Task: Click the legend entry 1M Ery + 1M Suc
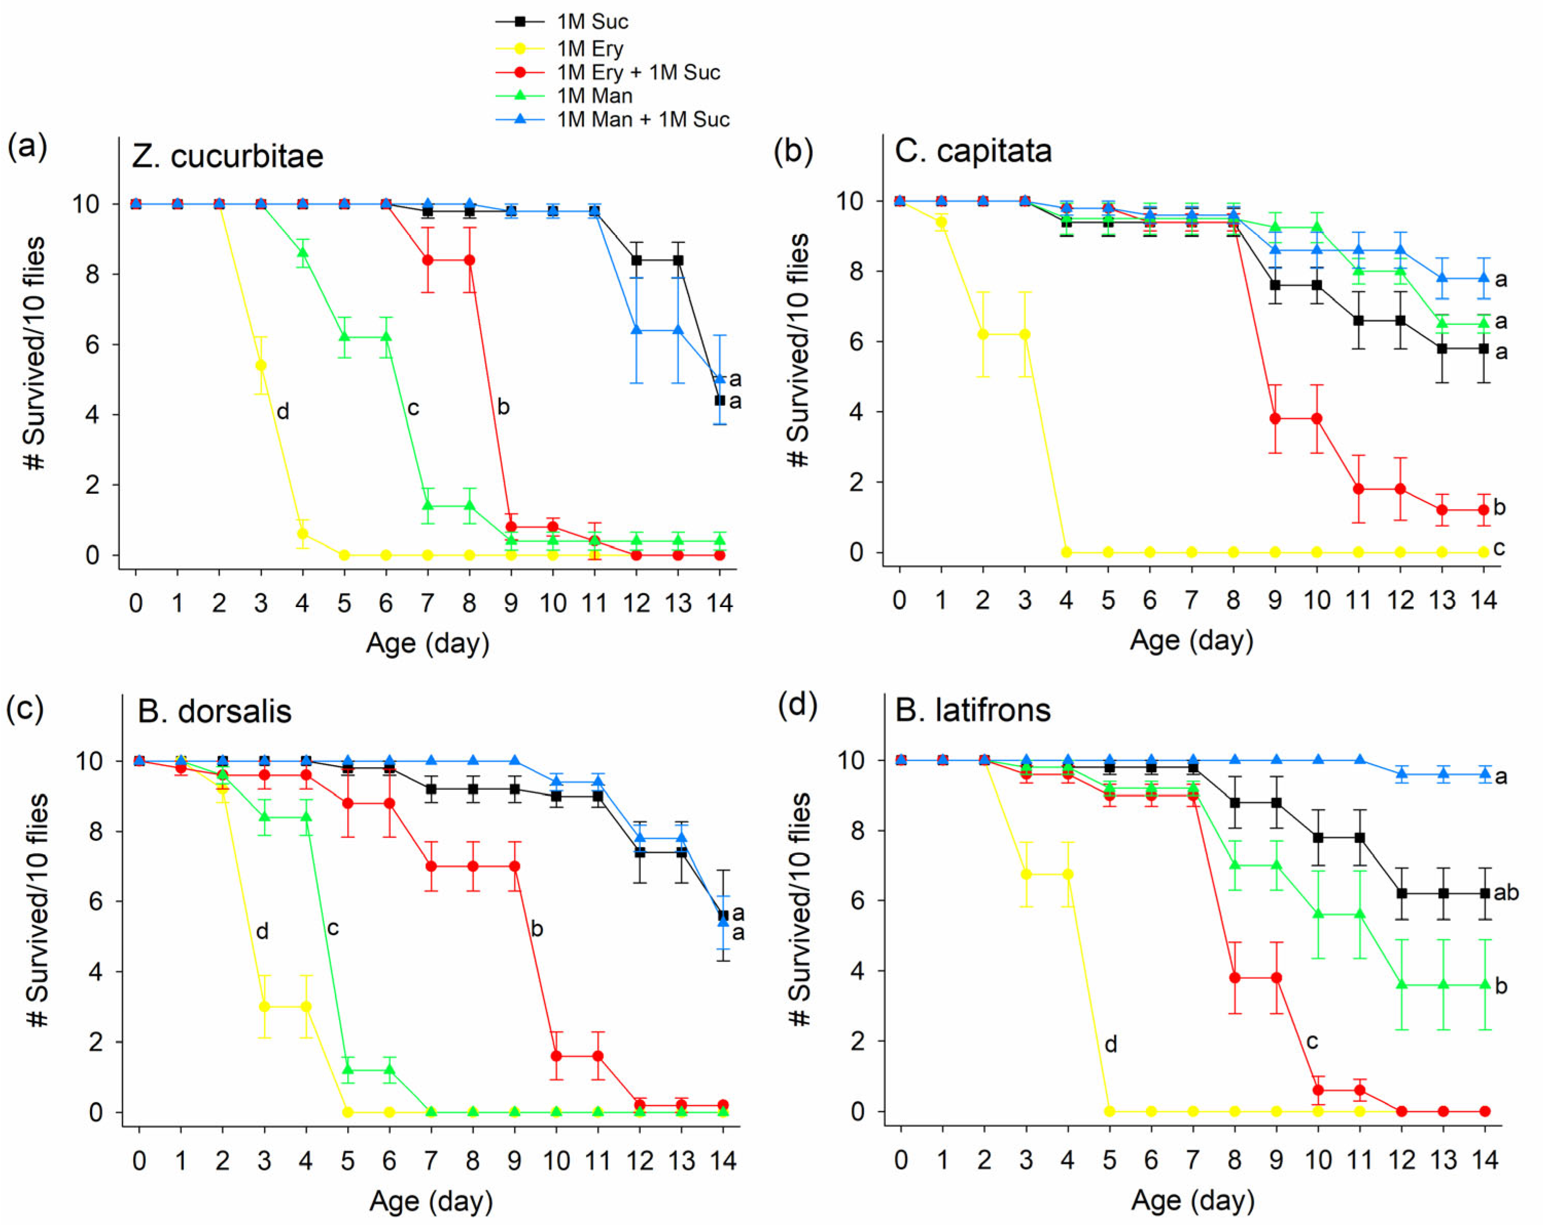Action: click(637, 72)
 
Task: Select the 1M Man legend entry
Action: click(594, 96)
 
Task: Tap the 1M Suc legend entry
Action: click(592, 22)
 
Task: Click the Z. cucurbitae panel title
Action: click(227, 156)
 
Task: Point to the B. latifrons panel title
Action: click(973, 710)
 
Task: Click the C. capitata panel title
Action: click(973, 151)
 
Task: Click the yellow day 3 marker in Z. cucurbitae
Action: click(261, 365)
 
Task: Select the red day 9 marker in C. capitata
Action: click(1275, 419)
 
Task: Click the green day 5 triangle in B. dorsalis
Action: click(348, 1069)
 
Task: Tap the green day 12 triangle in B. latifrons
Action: click(1401, 985)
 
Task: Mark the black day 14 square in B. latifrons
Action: click(1485, 893)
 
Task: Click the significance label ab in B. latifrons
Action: click(1506, 893)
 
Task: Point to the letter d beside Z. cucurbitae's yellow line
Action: click(283, 411)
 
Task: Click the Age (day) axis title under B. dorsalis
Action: click(431, 1201)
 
